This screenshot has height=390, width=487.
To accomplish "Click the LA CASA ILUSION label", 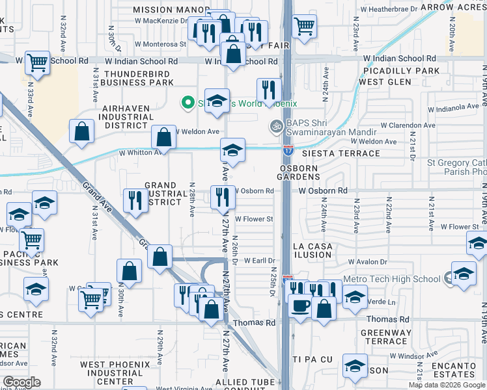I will coord(313,250).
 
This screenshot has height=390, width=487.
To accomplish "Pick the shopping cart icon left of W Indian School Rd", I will coord(38,62).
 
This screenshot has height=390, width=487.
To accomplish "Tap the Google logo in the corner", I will coord(22,382).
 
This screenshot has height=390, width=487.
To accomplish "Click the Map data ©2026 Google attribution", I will coord(446,385).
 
